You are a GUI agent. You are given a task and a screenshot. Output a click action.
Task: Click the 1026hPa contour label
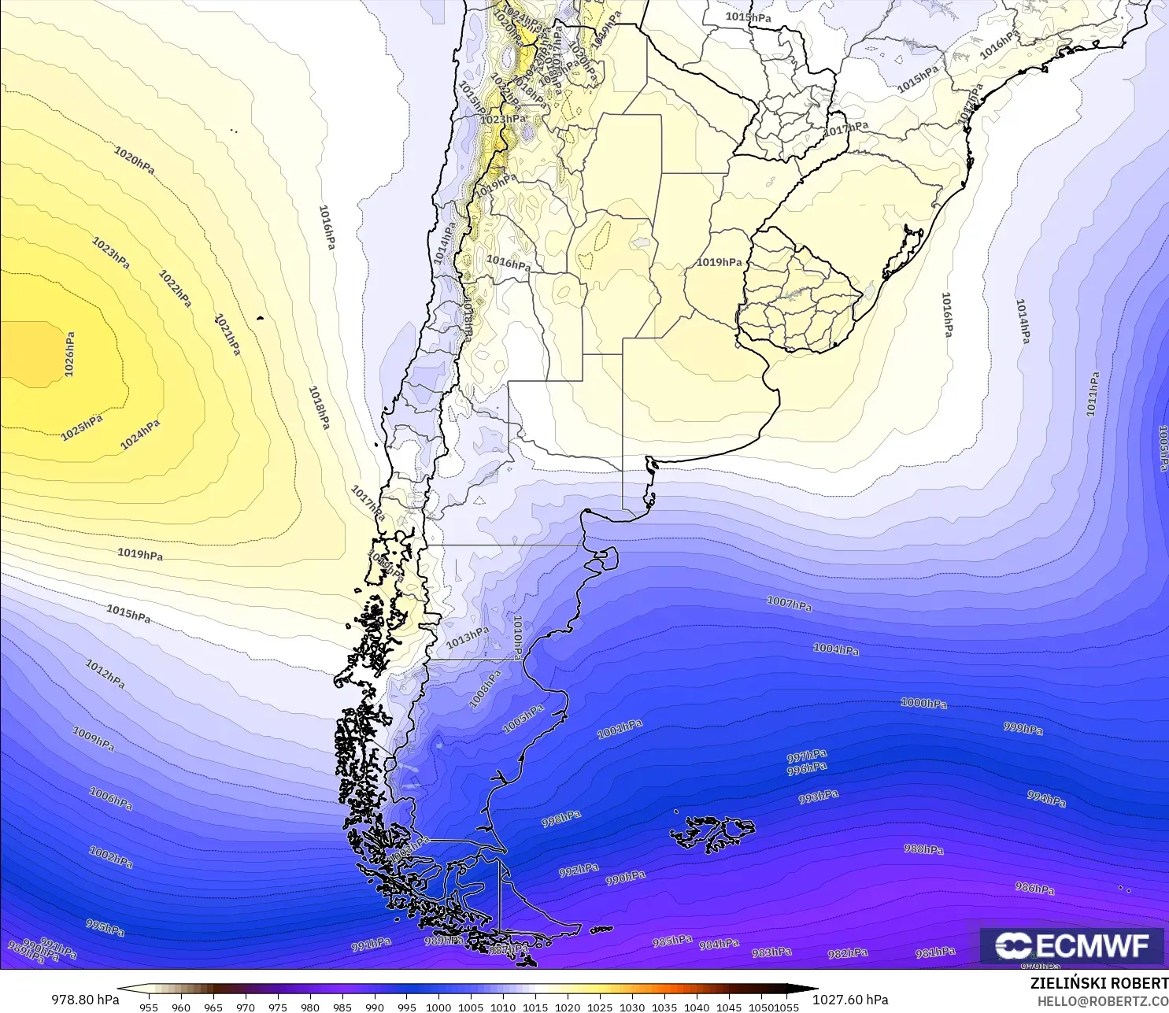(70, 354)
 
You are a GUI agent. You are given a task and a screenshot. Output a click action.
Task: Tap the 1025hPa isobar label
(82, 427)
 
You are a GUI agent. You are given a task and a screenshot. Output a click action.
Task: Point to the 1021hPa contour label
(228, 335)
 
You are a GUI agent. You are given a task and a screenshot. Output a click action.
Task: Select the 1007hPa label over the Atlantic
(789, 604)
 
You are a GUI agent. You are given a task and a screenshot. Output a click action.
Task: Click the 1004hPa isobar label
(836, 649)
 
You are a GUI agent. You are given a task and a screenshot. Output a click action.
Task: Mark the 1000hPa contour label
(923, 703)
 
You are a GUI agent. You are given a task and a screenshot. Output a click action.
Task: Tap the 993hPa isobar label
(818, 797)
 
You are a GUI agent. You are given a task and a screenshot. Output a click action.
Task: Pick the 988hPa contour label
(923, 849)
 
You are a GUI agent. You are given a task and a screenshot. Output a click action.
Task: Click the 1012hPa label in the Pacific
(105, 674)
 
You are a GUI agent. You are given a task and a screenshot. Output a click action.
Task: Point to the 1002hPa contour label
(111, 857)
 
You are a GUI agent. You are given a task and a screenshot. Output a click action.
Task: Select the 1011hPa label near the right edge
(1093, 394)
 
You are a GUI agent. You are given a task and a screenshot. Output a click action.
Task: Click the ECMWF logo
(1071, 945)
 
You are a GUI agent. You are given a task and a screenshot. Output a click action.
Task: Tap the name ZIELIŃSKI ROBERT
(1099, 983)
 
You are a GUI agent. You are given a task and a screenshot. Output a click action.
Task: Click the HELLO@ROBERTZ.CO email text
(1102, 1001)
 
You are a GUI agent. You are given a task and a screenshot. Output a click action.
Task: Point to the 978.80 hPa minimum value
(86, 1000)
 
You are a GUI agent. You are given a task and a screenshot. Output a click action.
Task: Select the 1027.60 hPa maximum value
(850, 1000)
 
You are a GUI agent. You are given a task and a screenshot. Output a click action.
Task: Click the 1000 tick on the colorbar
(438, 1007)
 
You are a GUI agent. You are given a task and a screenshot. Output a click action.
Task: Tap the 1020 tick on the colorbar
(567, 1007)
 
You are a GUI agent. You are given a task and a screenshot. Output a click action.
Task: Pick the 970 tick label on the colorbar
(246, 1007)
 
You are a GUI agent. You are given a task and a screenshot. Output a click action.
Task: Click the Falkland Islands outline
(712, 834)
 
